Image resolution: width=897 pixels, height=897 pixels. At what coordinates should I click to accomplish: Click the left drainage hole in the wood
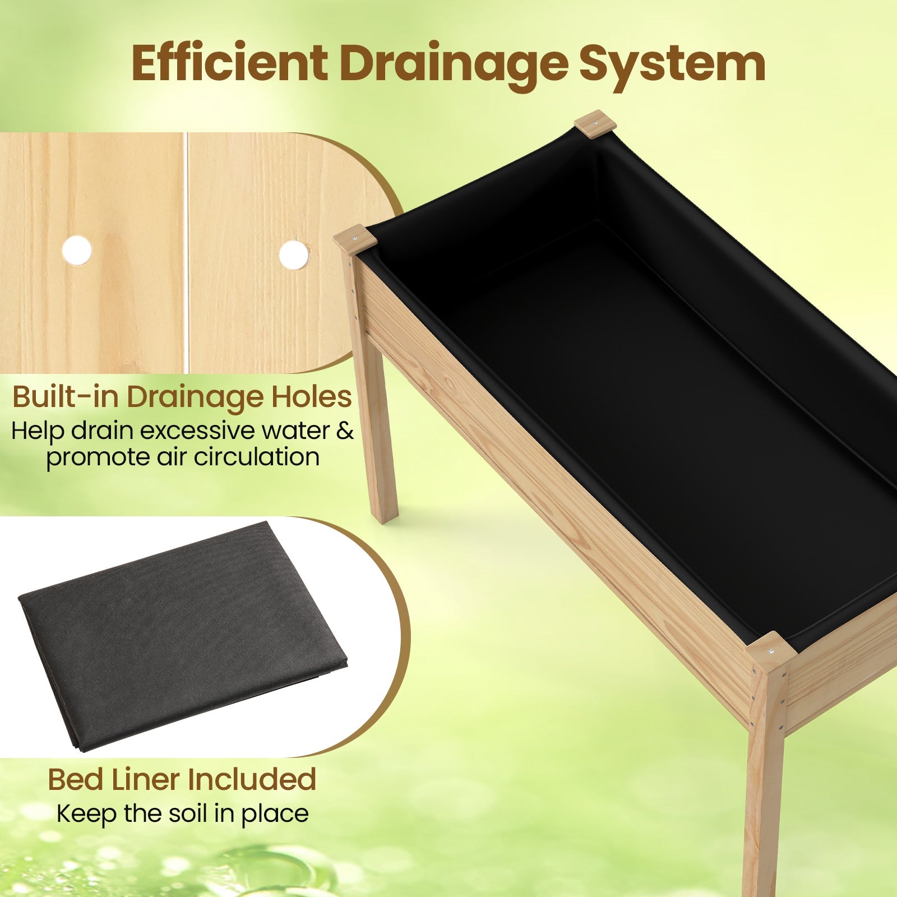coord(77,250)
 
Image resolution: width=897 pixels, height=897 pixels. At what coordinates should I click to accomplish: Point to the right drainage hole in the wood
coord(293,255)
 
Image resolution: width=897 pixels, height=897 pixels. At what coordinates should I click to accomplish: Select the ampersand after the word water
coord(345,431)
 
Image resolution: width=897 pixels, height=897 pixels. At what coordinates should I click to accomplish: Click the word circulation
coord(257,456)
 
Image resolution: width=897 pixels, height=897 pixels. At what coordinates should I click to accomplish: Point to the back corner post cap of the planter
coord(595,123)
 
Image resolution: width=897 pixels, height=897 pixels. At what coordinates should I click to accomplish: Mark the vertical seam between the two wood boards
coord(186,252)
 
